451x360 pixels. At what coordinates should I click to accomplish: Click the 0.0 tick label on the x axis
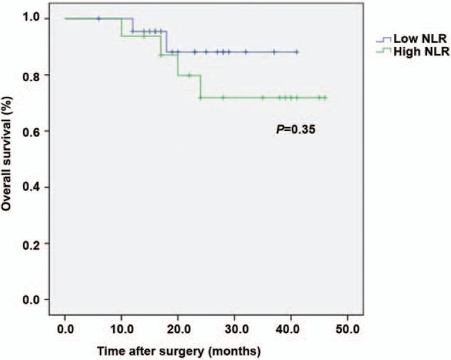(x=65, y=327)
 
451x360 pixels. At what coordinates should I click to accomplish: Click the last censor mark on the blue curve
(x=297, y=52)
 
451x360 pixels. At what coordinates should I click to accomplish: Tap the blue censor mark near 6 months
(x=99, y=19)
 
